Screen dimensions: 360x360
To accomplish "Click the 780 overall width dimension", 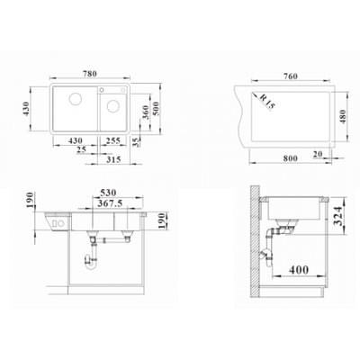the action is pyautogui.click(x=89, y=73).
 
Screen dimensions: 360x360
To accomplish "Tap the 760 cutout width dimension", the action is pyautogui.click(x=290, y=76).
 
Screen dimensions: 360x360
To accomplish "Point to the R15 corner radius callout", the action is pyautogui.click(x=267, y=102).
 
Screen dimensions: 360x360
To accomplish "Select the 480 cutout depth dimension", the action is pyautogui.click(x=343, y=117).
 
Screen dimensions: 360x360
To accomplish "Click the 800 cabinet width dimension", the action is pyautogui.click(x=290, y=158).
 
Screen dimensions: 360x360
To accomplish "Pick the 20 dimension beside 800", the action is pyautogui.click(x=317, y=154).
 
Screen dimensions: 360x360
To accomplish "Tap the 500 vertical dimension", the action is pyautogui.click(x=156, y=109).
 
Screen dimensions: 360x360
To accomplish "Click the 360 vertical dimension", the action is pyautogui.click(x=146, y=112).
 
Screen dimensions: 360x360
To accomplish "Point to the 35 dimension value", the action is pyautogui.click(x=136, y=142).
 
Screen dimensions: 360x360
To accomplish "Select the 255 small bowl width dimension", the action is pyautogui.click(x=113, y=140).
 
